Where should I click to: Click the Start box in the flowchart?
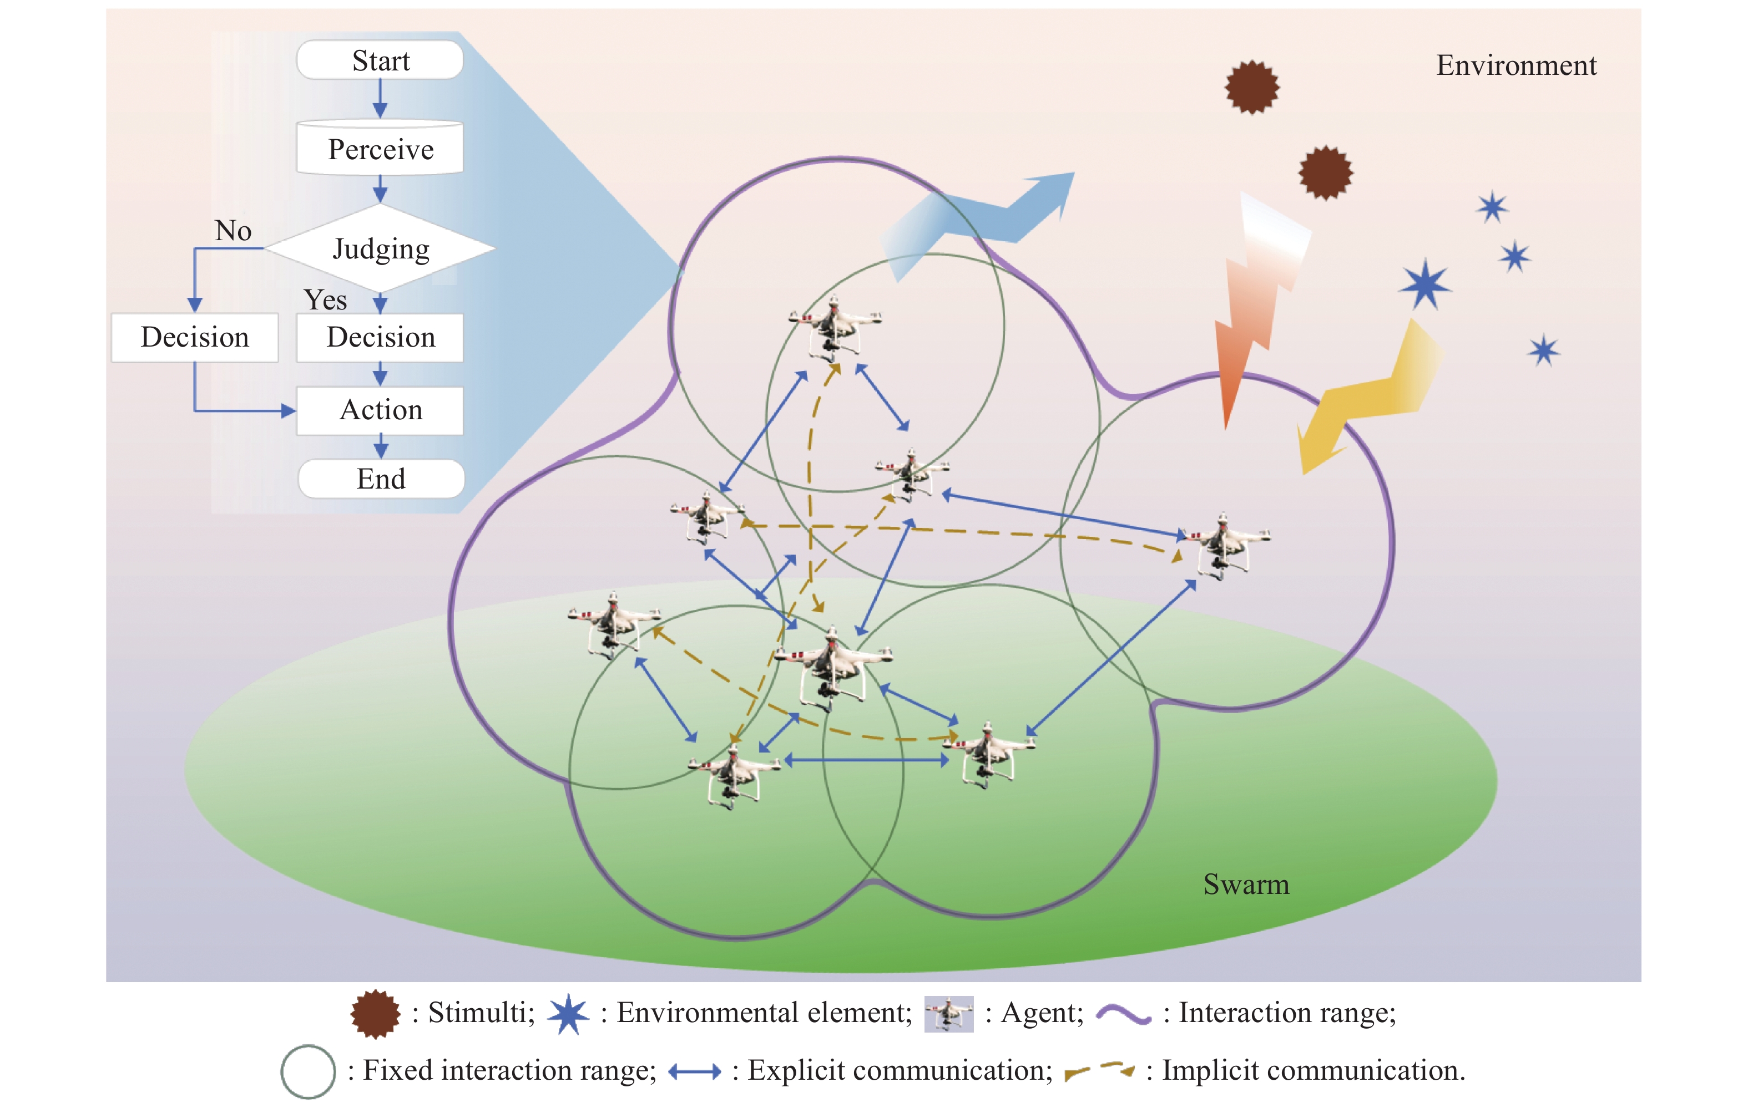pos(380,60)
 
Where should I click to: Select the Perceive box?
pos(380,149)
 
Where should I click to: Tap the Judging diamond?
pos(380,248)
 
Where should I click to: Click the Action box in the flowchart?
pos(380,410)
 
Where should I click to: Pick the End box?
pos(380,479)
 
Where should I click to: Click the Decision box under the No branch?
pos(195,337)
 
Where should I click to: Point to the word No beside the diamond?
pos(233,231)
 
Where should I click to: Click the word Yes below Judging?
pos(325,299)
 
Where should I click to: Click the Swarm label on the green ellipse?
pos(1246,885)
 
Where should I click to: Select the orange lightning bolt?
pos(1256,305)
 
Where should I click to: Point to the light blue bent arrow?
pos(980,218)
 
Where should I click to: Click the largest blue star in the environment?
pos(1425,284)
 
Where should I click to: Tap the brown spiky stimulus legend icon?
pos(375,1014)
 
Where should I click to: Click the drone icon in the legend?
pos(948,1014)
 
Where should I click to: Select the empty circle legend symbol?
pos(308,1071)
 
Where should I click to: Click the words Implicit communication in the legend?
pos(1312,1070)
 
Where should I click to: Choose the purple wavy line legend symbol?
pos(1123,1014)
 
